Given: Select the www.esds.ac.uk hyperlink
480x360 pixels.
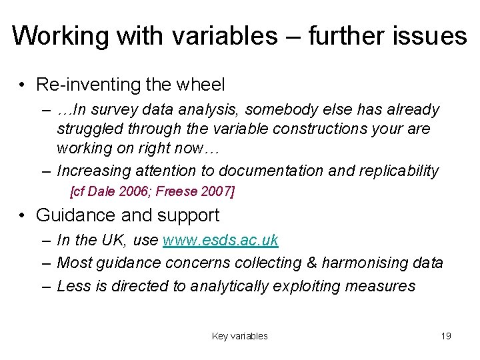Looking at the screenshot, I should [x=221, y=241].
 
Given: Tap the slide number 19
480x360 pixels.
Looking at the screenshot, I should [x=446, y=336].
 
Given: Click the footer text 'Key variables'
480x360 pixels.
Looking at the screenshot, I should [x=239, y=336].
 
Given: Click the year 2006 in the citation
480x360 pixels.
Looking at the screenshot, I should [x=136, y=191].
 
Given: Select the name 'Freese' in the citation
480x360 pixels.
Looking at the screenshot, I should [x=177, y=191].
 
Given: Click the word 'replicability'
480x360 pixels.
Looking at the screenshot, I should [x=398, y=171].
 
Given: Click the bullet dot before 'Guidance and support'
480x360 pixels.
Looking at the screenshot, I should [x=23, y=215].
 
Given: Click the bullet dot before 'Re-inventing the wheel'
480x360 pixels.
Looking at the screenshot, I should [x=23, y=85].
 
